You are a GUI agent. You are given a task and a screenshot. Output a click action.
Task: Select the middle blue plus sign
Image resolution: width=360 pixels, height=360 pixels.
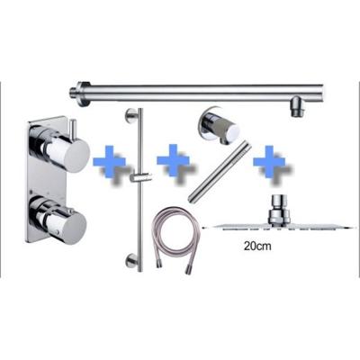tap(174, 162)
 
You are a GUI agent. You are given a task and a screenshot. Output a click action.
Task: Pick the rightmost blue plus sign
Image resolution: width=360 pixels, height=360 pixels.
tap(270, 165)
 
